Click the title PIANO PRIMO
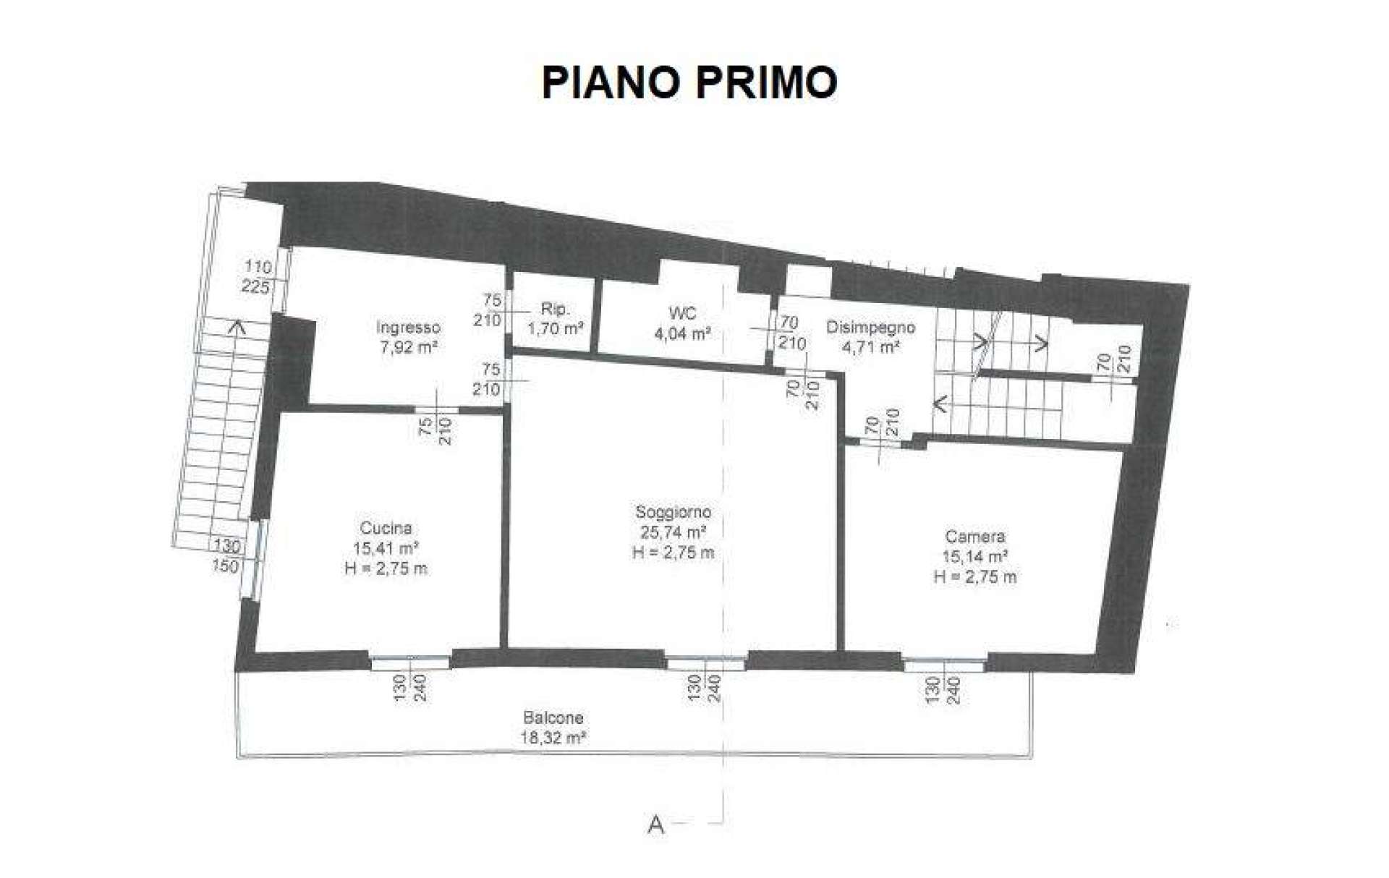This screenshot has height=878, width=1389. [689, 82]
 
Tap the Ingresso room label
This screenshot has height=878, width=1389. [408, 328]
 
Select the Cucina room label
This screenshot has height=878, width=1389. [386, 528]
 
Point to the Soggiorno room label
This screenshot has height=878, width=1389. [673, 512]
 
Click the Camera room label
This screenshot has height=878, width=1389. [975, 537]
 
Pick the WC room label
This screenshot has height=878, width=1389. [683, 313]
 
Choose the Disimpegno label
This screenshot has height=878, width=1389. [870, 328]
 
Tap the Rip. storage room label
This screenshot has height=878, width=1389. [555, 309]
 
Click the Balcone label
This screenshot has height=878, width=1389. [553, 718]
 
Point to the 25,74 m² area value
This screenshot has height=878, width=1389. [673, 532]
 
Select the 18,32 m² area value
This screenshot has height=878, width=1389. [553, 738]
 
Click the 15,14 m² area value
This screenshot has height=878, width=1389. [975, 557]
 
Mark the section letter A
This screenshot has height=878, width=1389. [656, 824]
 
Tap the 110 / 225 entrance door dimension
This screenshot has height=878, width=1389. [258, 277]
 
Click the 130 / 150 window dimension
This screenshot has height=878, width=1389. [226, 555]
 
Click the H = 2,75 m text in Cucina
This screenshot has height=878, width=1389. [386, 568]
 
